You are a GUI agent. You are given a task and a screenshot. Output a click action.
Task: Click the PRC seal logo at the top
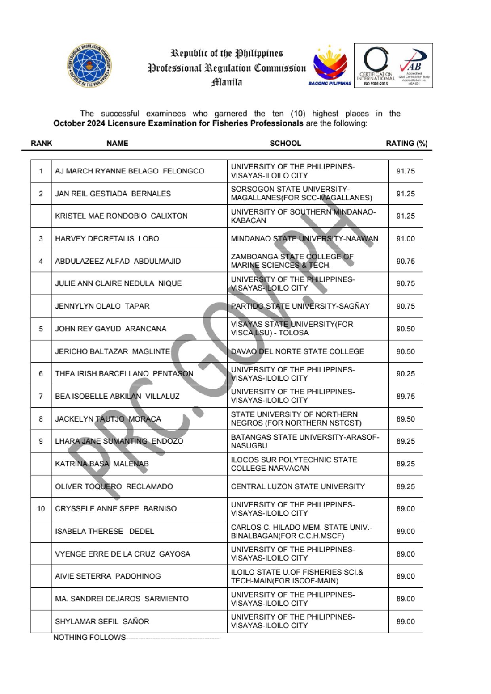pos(89,65)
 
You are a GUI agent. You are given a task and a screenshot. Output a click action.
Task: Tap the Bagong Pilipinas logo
pos(330,65)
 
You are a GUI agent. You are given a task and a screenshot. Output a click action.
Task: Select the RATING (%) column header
pos(407,143)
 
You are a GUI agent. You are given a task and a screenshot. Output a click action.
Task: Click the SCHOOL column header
pos(285,143)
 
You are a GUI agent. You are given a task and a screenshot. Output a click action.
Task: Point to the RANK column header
pos(42,143)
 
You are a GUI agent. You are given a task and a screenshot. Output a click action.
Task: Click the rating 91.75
pos(405,171)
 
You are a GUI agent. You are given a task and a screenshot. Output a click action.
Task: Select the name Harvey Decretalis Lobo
pos(107,239)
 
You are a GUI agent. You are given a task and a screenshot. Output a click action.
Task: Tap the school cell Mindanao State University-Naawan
pos(304,239)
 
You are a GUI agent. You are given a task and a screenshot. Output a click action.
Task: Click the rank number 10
pos(41,509)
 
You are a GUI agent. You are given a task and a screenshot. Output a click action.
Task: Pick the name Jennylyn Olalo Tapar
pos(102,306)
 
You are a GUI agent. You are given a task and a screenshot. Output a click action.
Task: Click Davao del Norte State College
pos(297,351)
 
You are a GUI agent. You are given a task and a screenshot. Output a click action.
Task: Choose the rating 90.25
pos(405,374)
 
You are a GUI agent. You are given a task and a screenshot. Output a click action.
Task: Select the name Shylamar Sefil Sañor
pos(102,622)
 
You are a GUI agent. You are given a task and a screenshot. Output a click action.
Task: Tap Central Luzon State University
pos(298,486)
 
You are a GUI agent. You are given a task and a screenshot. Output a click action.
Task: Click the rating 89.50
pos(405,419)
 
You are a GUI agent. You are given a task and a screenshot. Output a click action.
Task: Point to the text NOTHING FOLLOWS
pos(89,637)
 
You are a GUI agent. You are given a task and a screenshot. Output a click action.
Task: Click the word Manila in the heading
pos(226,82)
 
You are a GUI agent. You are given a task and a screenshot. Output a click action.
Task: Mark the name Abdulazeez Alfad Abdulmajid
pos(118,261)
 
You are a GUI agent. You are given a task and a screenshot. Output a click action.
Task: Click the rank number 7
pos(41,396)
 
